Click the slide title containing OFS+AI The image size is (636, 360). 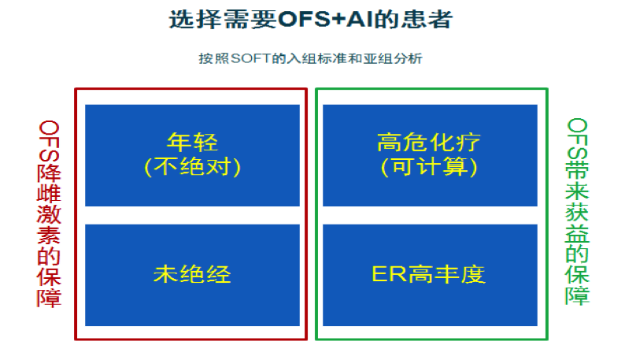point(310,20)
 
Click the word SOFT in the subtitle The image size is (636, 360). point(250,58)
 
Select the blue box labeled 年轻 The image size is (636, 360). point(192,155)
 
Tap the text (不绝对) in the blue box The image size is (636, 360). point(192,167)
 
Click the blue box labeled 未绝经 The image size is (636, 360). point(192,275)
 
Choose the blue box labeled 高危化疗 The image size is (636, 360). point(430,155)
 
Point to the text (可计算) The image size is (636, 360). point(429,167)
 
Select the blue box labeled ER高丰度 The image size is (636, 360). point(430,275)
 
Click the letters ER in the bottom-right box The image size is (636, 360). point(389,274)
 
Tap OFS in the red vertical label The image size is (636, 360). point(49,141)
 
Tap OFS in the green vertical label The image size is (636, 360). point(577,139)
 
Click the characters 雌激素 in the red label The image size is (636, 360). point(49,215)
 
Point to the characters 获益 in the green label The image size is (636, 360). point(577,222)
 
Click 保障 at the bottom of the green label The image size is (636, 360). point(577,285)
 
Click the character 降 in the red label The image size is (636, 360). point(49,174)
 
